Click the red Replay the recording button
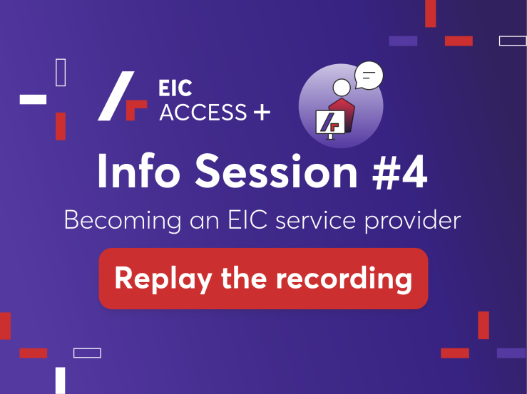tap(263, 279)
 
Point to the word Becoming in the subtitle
tap(123, 221)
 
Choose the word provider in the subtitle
tap(413, 221)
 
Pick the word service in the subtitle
tap(316, 221)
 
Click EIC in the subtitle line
tap(247, 220)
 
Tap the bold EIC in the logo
tap(175, 88)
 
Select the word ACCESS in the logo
tap(203, 112)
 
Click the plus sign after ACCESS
tap(262, 112)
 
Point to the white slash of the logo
tap(116, 95)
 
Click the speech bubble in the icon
tap(369, 76)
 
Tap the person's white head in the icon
tap(342, 88)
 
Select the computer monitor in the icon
tap(330, 123)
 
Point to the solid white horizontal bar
tap(33, 100)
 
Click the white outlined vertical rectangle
tap(61, 73)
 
